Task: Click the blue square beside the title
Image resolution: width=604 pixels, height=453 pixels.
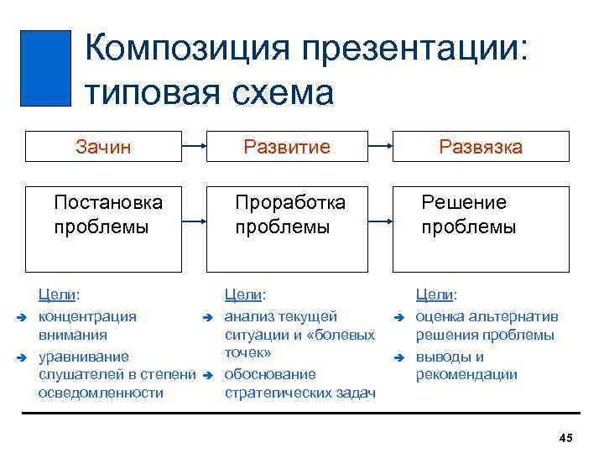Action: [45, 68]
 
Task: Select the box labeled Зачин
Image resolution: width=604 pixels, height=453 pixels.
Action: [104, 146]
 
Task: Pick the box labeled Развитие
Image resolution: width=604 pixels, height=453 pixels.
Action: [287, 146]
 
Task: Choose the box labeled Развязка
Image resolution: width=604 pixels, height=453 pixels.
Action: [481, 146]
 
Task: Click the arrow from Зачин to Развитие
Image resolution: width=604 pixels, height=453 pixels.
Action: [195, 146]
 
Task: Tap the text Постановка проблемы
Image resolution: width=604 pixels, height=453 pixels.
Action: [108, 215]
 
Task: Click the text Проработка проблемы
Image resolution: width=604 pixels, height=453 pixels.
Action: [290, 215]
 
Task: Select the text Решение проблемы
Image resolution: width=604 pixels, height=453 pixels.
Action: [468, 215]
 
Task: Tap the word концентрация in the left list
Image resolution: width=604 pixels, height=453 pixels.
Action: [88, 316]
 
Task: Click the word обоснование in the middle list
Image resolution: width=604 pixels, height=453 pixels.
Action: [270, 374]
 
